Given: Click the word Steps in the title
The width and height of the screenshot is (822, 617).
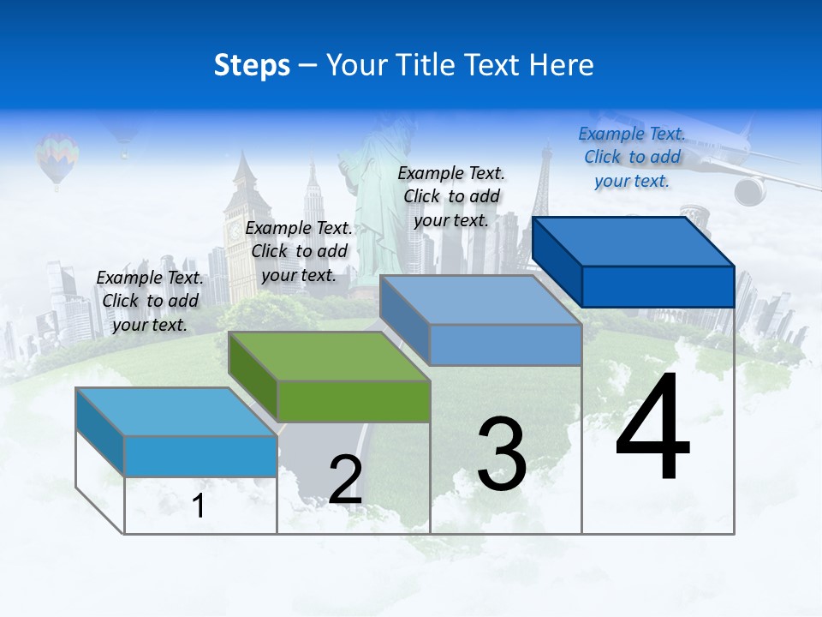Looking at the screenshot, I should click(252, 65).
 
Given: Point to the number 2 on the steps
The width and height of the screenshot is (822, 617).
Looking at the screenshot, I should click(345, 480).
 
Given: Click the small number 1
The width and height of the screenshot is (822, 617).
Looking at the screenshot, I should click(199, 506).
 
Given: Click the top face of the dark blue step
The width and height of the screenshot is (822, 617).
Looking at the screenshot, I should click(634, 242).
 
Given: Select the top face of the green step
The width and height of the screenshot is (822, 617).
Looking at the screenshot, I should click(330, 356).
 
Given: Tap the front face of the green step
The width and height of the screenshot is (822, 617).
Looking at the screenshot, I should click(354, 401).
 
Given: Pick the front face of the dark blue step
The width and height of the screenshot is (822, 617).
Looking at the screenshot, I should click(658, 286).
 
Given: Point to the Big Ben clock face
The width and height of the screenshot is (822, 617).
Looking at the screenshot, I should click(234, 230).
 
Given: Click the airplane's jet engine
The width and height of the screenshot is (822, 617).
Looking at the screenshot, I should click(750, 191).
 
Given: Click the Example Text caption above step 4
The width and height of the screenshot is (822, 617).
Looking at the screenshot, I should click(631, 157).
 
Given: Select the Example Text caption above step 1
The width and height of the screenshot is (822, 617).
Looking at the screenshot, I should click(150, 301).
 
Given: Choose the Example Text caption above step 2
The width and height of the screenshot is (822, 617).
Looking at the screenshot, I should click(299, 251).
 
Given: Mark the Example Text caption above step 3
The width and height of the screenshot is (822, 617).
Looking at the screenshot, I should click(451, 196).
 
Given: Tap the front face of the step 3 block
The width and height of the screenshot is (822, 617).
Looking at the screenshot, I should click(505, 344).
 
